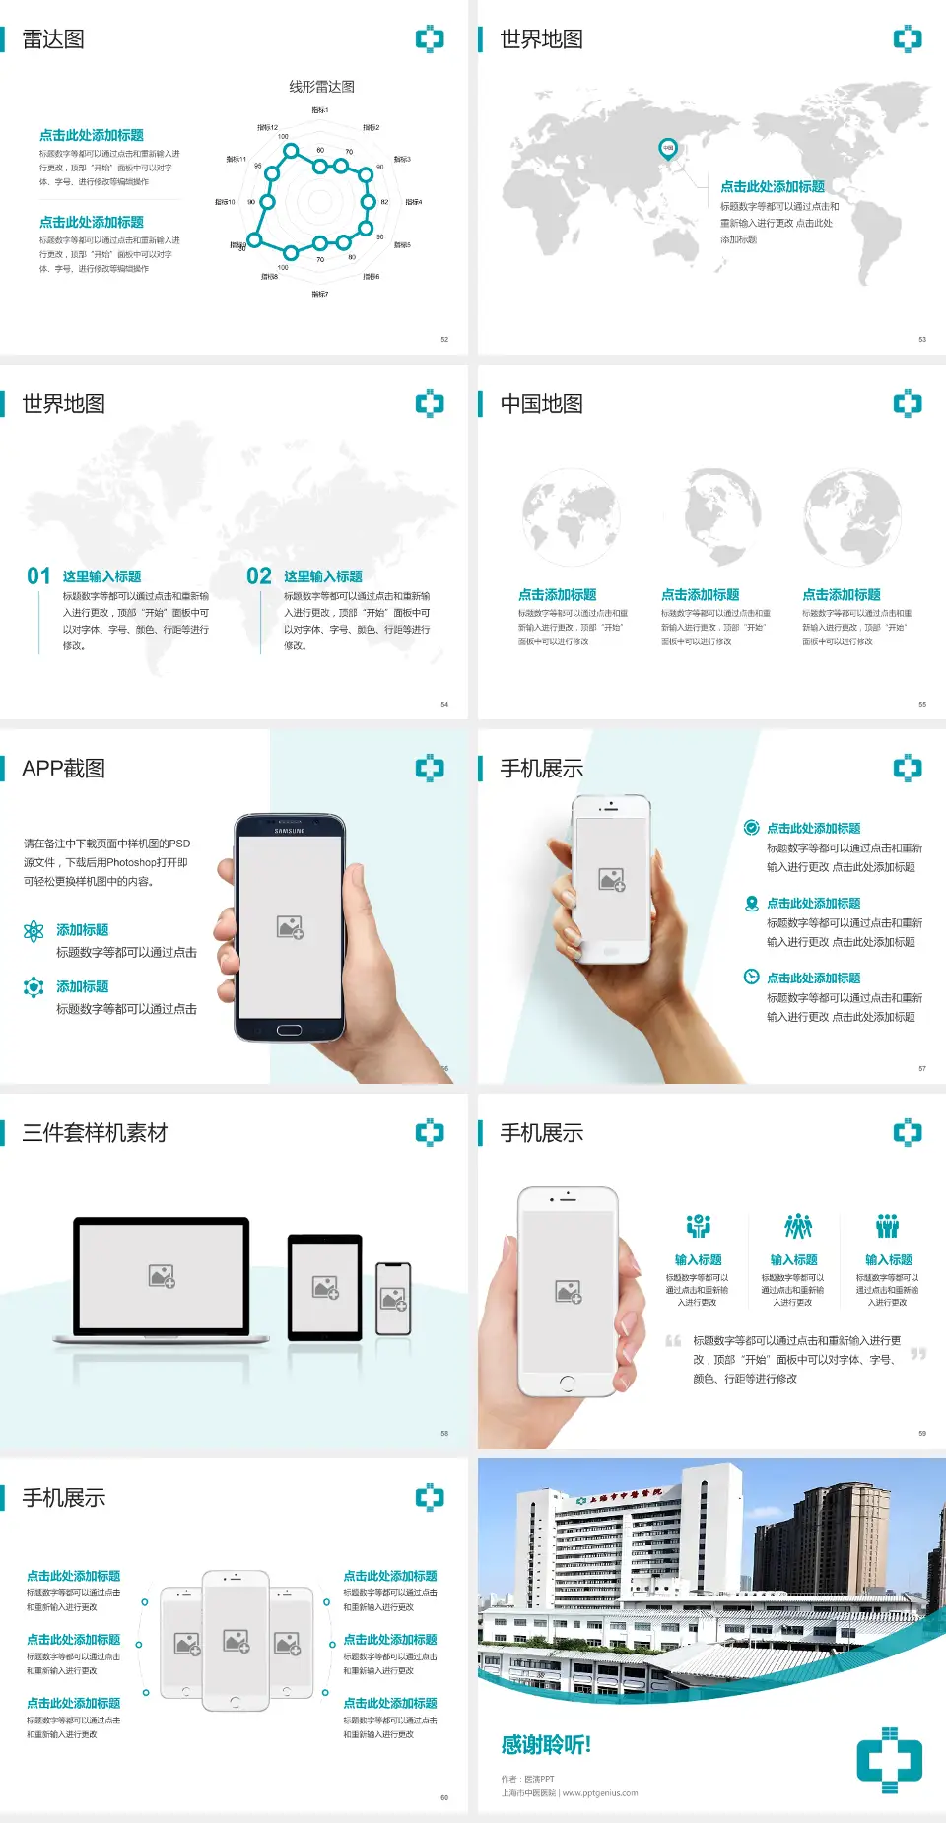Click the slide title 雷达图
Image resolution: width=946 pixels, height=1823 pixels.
click(53, 39)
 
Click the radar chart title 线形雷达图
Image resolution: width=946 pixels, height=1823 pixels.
click(321, 87)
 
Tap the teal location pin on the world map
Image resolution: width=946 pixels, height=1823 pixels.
click(667, 148)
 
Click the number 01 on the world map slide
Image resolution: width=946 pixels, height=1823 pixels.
click(38, 576)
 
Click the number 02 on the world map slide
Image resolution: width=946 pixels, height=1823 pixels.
click(259, 576)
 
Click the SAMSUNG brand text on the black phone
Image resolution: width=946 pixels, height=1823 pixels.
click(290, 831)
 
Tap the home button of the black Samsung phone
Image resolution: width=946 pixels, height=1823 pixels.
click(289, 1030)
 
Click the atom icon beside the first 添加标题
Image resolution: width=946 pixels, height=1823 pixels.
click(34, 931)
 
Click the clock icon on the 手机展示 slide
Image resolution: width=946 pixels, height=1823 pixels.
click(751, 977)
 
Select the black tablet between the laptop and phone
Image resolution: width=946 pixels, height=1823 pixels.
click(325, 1286)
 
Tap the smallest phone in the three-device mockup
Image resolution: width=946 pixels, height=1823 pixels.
click(393, 1299)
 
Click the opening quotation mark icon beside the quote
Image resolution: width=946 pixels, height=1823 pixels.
click(673, 1341)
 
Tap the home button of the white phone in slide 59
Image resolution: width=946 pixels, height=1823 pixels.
click(567, 1384)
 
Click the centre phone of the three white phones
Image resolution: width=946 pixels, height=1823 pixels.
click(236, 1640)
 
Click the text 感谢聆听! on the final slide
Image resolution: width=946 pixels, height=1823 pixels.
click(546, 1745)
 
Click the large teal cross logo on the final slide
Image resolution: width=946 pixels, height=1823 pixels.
click(889, 1760)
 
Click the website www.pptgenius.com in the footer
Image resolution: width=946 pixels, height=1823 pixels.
click(600, 1793)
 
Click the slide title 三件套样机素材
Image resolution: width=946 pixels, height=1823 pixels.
click(95, 1133)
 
